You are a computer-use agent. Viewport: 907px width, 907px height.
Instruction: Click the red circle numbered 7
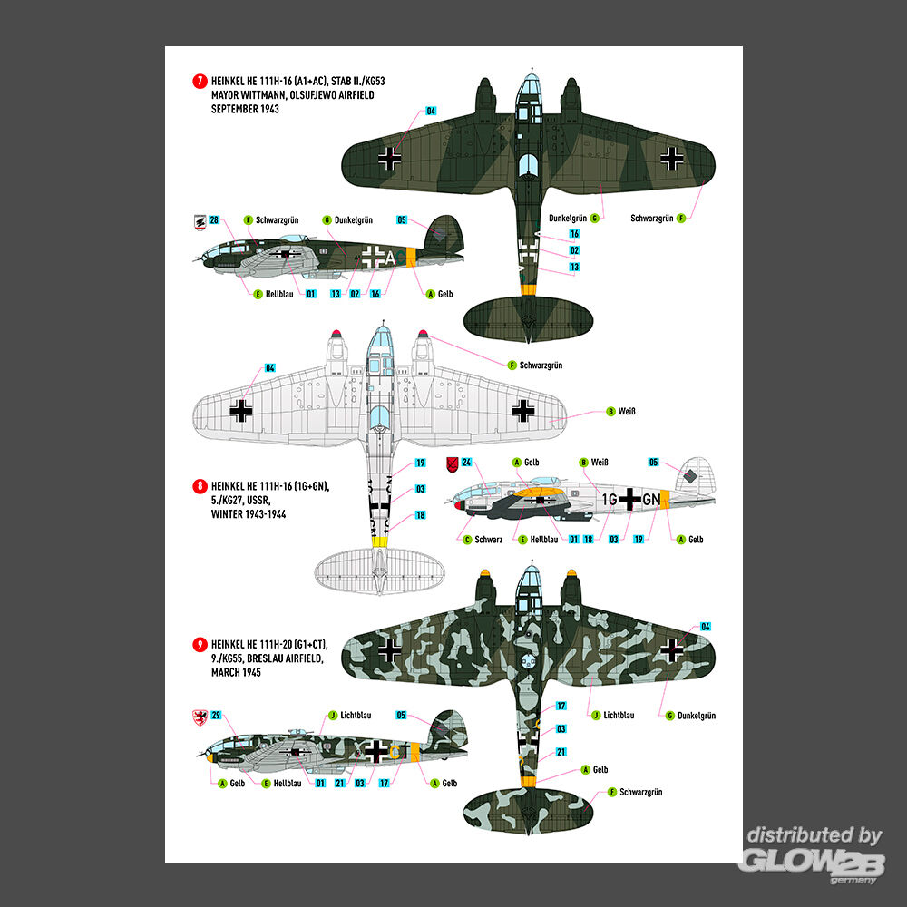click(x=200, y=81)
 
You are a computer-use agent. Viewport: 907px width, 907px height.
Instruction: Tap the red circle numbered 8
click(x=200, y=486)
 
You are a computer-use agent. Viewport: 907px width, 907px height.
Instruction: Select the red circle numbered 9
click(x=200, y=644)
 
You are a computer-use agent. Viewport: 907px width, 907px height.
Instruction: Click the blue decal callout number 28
click(x=214, y=219)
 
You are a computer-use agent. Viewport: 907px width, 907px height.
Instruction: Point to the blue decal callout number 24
click(x=467, y=463)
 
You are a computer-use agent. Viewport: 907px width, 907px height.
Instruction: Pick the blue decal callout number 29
click(x=216, y=715)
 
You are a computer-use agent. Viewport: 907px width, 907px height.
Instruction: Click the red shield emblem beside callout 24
click(x=453, y=464)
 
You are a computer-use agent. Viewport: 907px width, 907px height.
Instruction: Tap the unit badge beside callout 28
click(x=200, y=223)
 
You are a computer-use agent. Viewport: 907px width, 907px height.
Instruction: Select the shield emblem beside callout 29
click(x=200, y=717)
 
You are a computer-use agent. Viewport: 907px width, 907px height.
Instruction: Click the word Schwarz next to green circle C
click(x=489, y=540)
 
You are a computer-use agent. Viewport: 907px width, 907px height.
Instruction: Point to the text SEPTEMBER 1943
click(x=245, y=109)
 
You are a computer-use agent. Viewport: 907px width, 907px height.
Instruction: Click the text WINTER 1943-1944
click(x=249, y=513)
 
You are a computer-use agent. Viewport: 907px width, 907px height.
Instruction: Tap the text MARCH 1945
click(x=236, y=672)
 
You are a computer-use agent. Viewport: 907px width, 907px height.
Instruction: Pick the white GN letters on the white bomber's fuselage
click(x=650, y=499)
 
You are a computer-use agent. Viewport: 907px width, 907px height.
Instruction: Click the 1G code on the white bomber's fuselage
click(x=610, y=499)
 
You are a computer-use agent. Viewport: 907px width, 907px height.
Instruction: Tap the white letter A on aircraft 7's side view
click(x=390, y=258)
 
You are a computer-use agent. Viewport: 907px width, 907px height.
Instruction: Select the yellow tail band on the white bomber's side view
click(x=665, y=499)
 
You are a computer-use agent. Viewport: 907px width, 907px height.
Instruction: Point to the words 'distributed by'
click(x=814, y=835)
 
